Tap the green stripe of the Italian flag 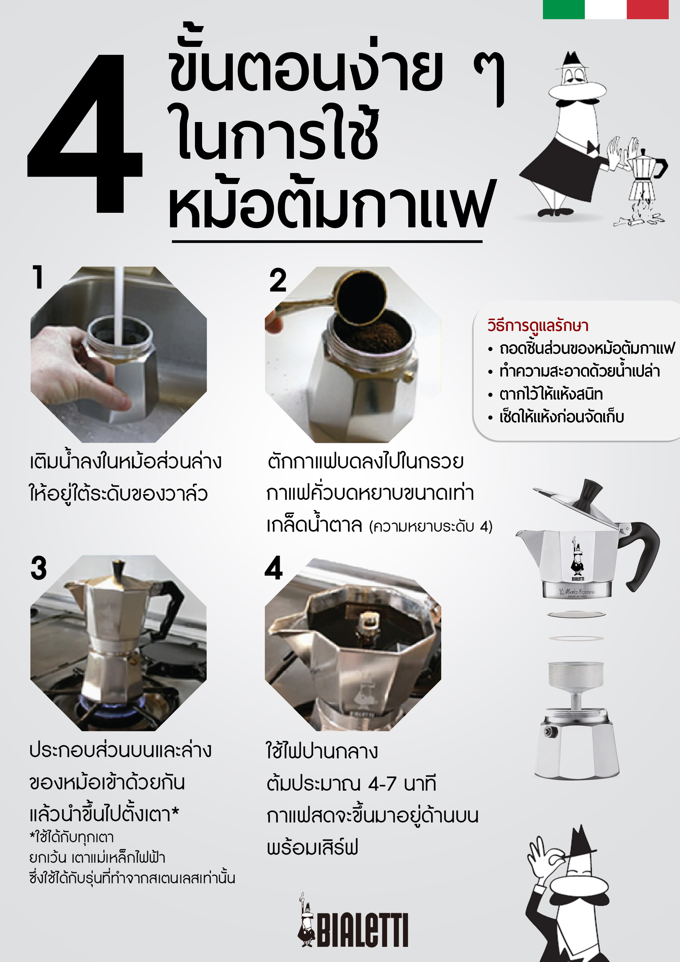[x=563, y=9]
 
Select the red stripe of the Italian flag [x=647, y=9]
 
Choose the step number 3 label [x=39, y=568]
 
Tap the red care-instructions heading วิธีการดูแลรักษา [x=537, y=326]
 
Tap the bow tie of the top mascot [x=593, y=147]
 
